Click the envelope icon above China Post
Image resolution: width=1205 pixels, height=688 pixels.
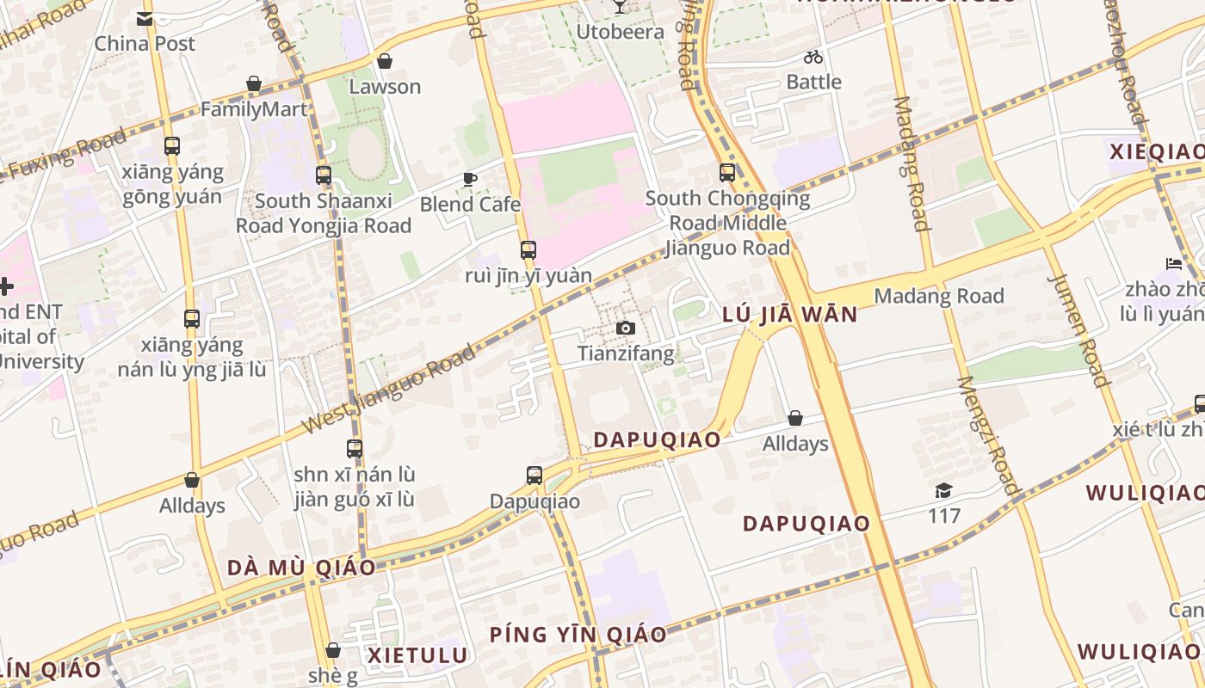[x=145, y=19]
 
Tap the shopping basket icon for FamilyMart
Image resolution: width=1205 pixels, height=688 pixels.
[x=254, y=84]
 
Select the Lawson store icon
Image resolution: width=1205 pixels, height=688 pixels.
[x=385, y=62]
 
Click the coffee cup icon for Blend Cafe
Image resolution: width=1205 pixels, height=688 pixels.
[x=470, y=179]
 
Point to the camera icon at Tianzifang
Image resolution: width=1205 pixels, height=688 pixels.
[x=626, y=329]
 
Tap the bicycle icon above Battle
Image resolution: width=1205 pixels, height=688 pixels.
[x=813, y=58]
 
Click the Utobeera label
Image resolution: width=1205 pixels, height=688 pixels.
[x=620, y=33]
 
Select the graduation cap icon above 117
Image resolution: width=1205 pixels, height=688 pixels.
[x=944, y=491]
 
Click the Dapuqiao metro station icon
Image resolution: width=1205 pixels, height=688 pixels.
[x=535, y=476]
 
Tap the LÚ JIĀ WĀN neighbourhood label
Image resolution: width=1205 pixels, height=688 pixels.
[x=790, y=315]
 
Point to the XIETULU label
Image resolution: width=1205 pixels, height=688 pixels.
[x=418, y=655]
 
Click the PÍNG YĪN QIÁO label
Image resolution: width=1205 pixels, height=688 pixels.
[x=578, y=636]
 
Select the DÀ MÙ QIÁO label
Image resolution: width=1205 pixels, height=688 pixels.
[x=301, y=568]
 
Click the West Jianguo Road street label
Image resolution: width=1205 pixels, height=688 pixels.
[x=389, y=390]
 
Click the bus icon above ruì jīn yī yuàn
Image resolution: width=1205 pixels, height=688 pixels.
[x=528, y=250]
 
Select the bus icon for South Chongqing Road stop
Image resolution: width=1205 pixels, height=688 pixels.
[x=727, y=173]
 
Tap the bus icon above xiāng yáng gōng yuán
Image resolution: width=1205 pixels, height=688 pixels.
[x=172, y=146]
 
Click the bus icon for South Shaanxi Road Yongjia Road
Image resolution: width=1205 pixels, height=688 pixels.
[x=324, y=175]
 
